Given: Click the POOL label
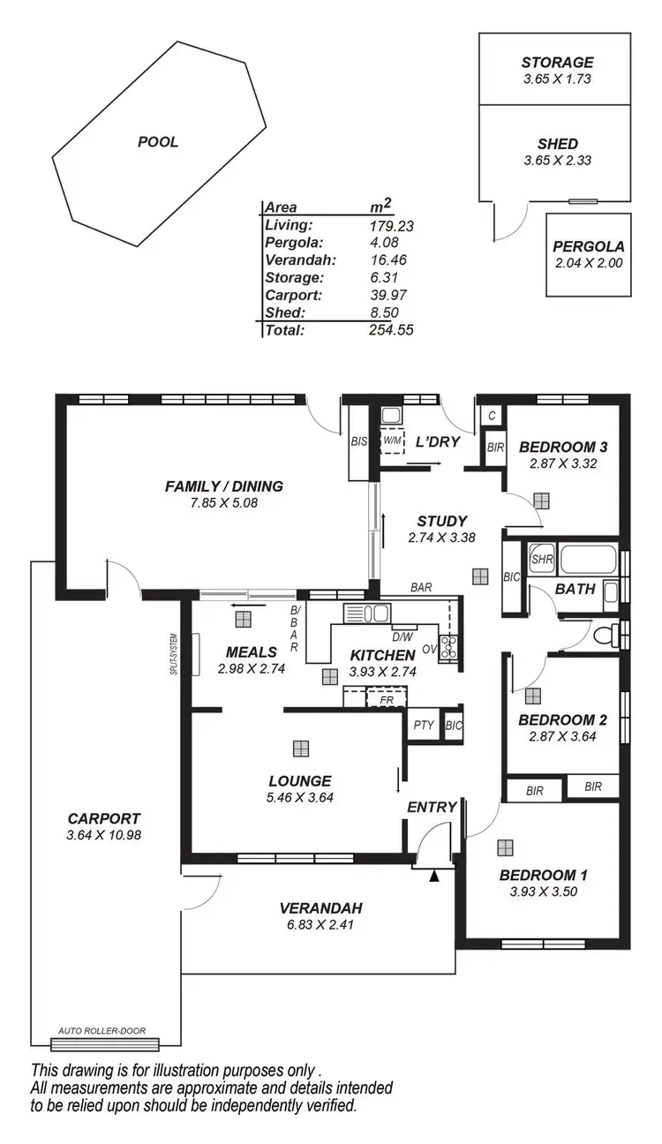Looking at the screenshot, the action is (158, 141).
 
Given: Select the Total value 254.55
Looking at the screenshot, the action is (391, 330).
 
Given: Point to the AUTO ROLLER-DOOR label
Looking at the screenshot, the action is (102, 1030).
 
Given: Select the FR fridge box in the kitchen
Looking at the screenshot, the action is (385, 699).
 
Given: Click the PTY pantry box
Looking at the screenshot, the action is (424, 725).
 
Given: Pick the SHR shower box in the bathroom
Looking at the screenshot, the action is (540, 559).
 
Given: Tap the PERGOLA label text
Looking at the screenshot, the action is (589, 247).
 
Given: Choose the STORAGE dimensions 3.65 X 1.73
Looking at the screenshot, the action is (557, 79).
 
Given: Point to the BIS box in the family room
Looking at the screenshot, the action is (359, 440).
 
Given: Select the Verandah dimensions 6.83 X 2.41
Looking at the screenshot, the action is (320, 924).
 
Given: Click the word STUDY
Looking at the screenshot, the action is (442, 521).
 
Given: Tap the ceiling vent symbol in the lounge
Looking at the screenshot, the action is (301, 749).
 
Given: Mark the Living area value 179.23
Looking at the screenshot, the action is (391, 226).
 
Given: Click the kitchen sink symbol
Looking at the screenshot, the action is (370, 613).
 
